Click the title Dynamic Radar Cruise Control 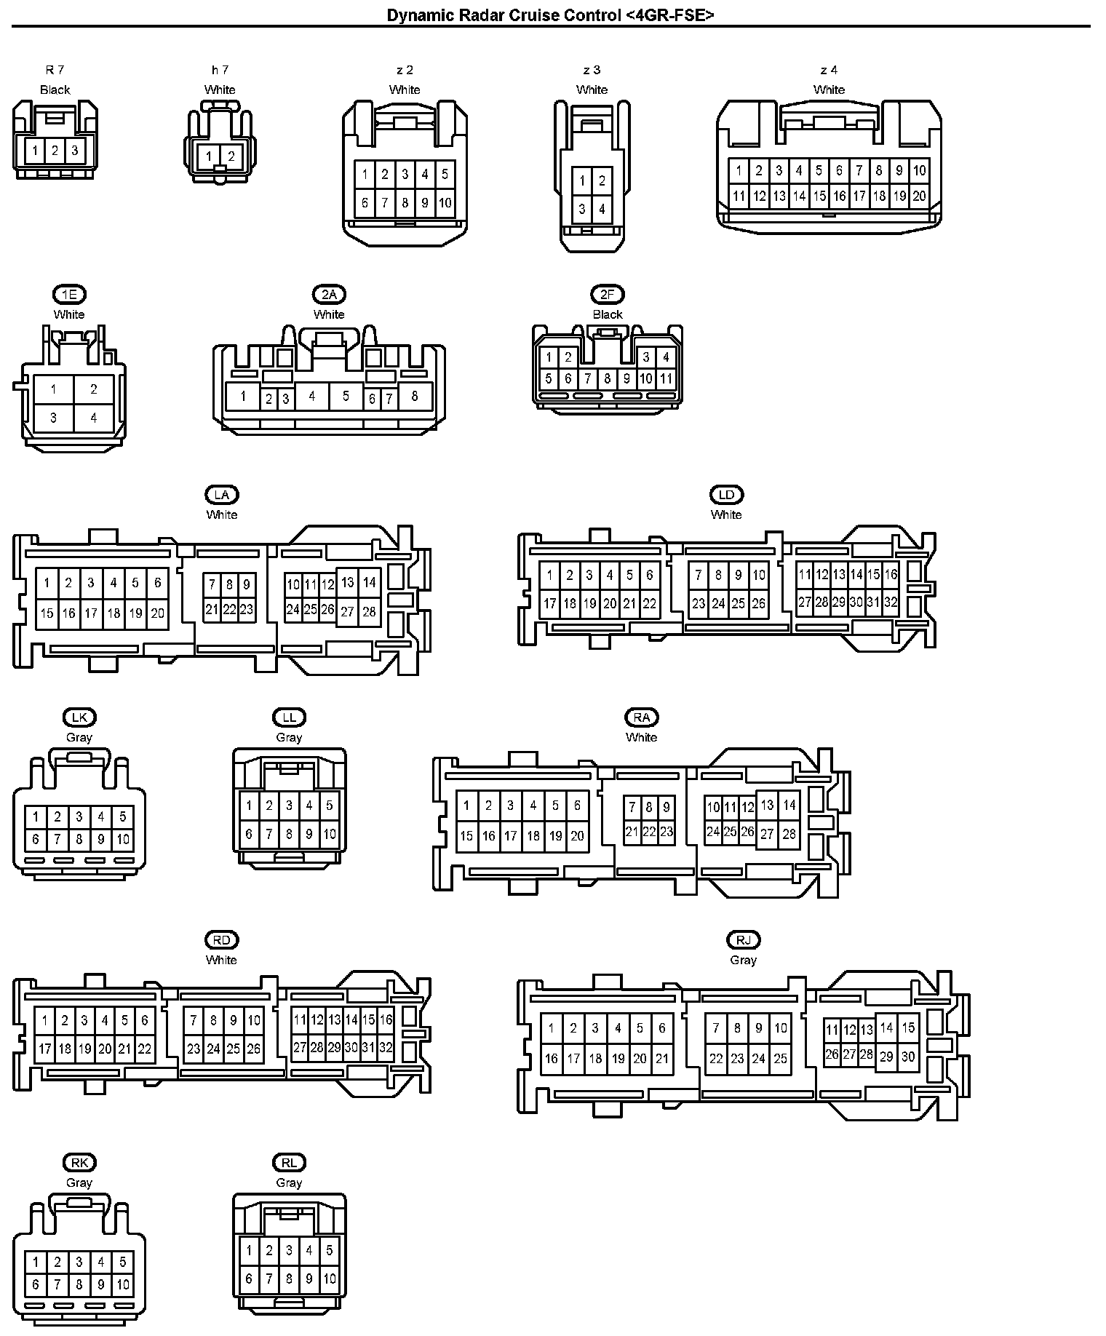pos(550,15)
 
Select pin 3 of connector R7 pos(74,151)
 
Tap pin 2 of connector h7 pos(231,156)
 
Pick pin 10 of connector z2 pos(445,203)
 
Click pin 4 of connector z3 pos(602,210)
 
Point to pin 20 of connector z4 pos(919,196)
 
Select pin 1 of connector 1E pos(53,389)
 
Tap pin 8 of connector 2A pos(415,397)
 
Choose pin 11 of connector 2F pos(666,379)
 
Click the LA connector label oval pos(222,495)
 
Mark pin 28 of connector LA pos(369,611)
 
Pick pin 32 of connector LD pos(891,603)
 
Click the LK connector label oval pos(79,717)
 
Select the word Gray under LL pos(289,737)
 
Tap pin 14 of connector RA pos(789,806)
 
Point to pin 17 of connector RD pos(45,1049)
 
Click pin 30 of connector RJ pos(908,1057)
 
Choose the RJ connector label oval pos(743,940)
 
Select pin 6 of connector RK pos(36,1285)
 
